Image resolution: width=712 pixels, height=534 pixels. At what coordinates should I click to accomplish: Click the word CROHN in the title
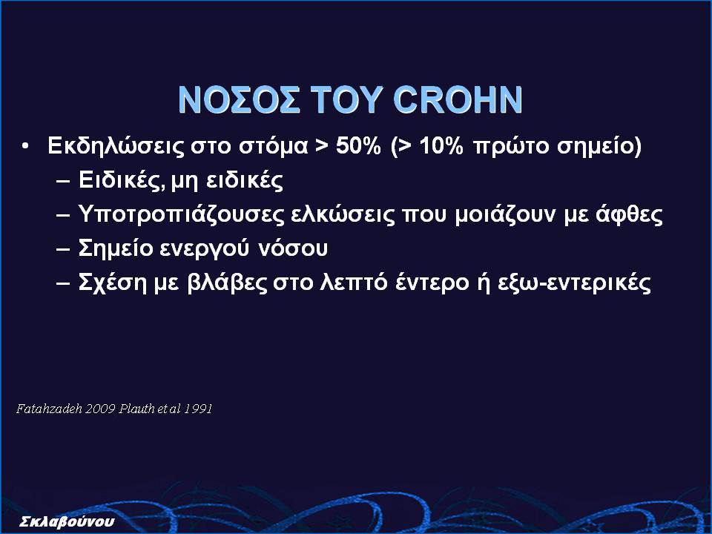pyautogui.click(x=458, y=99)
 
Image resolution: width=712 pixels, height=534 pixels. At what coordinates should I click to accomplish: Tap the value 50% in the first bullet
pyautogui.click(x=358, y=146)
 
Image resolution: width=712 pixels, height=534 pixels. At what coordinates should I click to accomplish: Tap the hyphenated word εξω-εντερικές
pyautogui.click(x=574, y=283)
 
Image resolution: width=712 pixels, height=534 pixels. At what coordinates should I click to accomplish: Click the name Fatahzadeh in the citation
pyautogui.click(x=49, y=409)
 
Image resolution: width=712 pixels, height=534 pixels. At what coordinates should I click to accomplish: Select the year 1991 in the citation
pyautogui.click(x=199, y=409)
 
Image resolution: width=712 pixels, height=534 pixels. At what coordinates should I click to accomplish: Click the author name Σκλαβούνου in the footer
pyautogui.click(x=67, y=521)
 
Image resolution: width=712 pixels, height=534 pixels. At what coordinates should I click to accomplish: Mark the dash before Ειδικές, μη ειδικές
pyautogui.click(x=64, y=181)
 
